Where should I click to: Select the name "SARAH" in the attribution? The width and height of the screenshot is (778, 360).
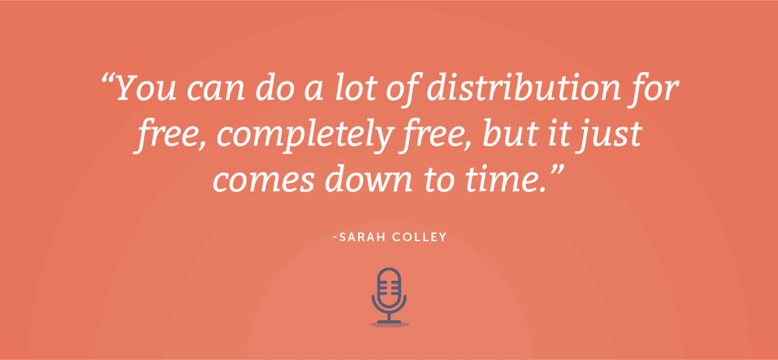pyautogui.click(x=361, y=236)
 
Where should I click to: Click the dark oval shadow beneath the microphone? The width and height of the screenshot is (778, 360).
pyautogui.click(x=389, y=324)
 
